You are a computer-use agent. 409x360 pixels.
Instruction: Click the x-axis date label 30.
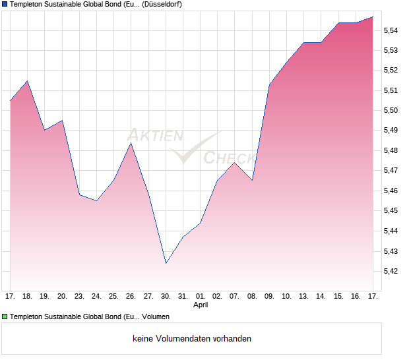pos(166,297)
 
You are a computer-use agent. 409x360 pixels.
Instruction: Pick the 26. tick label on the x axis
pos(131,297)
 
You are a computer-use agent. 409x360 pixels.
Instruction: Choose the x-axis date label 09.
pos(269,297)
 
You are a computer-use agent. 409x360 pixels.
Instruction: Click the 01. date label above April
pos(201,297)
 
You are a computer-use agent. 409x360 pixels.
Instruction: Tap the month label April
pos(201,305)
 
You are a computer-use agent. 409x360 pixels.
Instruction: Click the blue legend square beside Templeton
pos(5,4)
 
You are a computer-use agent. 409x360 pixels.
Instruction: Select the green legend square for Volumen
pos(5,317)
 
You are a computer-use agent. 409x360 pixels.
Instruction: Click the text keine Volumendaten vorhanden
pos(192,339)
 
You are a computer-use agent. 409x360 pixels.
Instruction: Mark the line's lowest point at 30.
pos(166,263)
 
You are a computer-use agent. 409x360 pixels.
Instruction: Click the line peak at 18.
pos(27,81)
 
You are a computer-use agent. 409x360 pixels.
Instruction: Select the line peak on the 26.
pos(131,143)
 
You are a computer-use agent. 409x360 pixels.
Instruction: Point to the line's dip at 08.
pos(252,180)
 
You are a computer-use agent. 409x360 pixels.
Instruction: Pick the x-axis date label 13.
pos(303,297)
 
